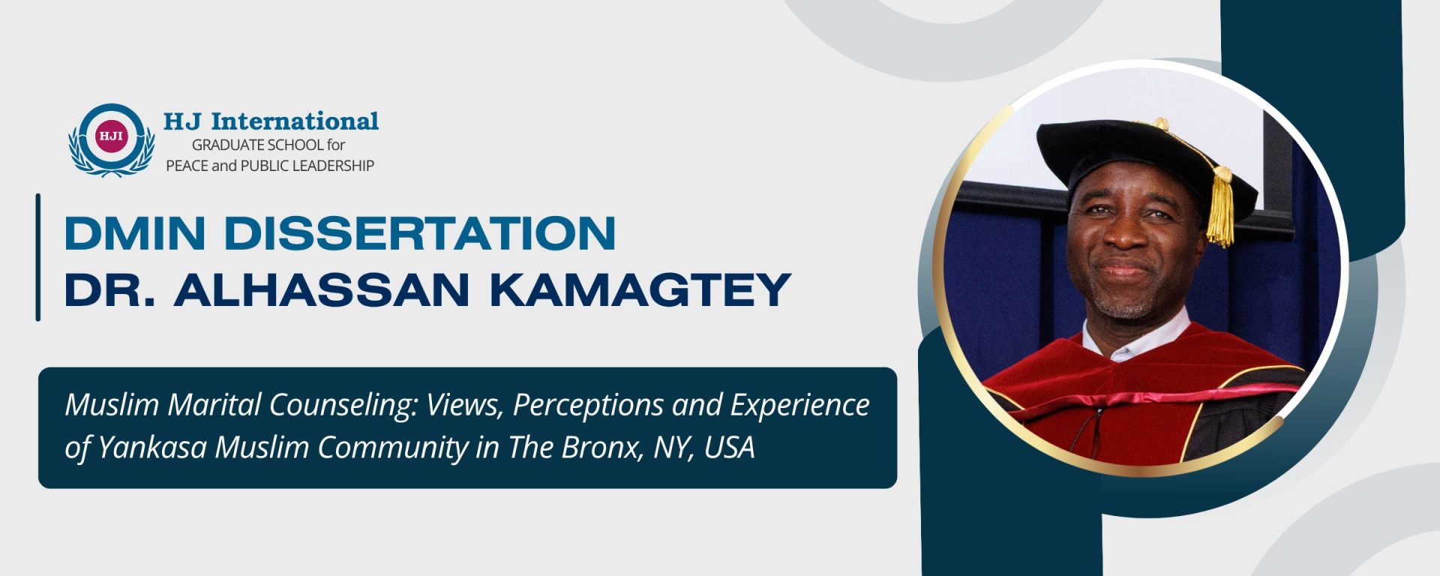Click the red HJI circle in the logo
(112, 136)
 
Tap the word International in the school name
(295, 121)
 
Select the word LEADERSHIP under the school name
(333, 166)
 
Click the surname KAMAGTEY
(640, 289)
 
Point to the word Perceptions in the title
(588, 406)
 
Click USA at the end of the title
(729, 447)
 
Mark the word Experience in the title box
(799, 406)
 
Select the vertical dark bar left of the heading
(37, 257)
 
